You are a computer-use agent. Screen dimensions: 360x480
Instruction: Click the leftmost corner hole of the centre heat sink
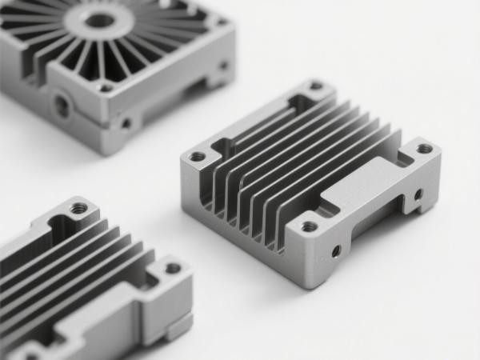(x=197, y=157)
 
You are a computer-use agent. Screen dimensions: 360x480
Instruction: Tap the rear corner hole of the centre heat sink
(x=316, y=86)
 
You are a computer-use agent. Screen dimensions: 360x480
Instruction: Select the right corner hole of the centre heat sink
(x=424, y=149)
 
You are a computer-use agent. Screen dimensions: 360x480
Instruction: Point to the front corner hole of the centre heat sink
(x=309, y=227)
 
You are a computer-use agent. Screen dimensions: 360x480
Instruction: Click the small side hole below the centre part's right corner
(x=418, y=194)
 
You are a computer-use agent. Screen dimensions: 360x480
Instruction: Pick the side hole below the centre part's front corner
(x=335, y=251)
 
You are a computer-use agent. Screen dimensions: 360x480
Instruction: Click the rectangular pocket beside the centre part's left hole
(x=223, y=147)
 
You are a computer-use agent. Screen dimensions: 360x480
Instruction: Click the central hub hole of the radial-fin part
(x=98, y=19)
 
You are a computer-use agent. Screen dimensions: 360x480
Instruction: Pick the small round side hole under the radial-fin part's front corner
(x=126, y=123)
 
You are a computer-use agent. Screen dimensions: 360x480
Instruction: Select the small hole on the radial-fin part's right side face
(x=223, y=66)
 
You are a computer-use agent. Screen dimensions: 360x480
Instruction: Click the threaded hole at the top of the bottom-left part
(x=79, y=209)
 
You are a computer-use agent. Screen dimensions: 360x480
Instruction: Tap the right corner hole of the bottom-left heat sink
(x=174, y=269)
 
